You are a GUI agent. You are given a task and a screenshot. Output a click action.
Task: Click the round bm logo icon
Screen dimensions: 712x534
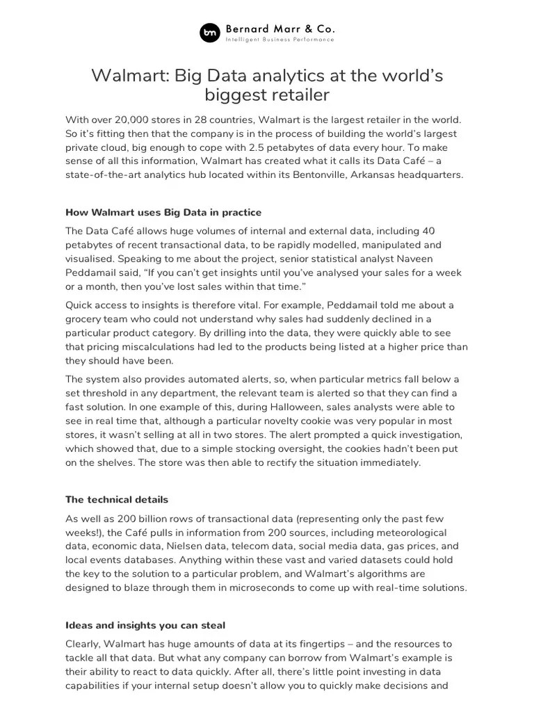point(210,33)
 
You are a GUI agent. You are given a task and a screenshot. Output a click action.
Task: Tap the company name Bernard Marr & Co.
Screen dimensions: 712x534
point(280,29)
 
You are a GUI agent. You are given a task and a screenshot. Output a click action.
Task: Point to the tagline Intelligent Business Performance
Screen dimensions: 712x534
point(280,40)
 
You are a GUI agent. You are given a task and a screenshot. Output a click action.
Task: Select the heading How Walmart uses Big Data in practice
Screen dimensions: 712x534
point(163,211)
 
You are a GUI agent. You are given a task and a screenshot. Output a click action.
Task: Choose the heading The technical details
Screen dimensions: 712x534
point(117,499)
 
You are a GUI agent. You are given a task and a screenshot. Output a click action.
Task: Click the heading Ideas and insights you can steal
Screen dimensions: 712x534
point(145,625)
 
